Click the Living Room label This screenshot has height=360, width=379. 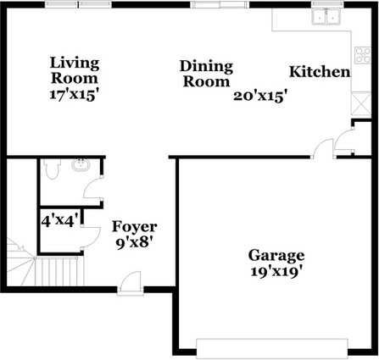tap(75, 69)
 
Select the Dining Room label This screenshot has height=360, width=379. tap(205, 75)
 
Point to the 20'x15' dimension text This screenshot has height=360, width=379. tap(260, 96)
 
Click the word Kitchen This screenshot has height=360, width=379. tap(320, 72)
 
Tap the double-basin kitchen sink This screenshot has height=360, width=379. tap(326, 16)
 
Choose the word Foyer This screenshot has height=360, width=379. tap(134, 227)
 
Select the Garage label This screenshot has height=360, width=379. tap(276, 256)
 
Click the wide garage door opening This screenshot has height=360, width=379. tap(273, 346)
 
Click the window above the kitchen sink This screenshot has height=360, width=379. tap(326, 4)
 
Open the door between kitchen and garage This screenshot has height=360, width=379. tap(323, 150)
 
